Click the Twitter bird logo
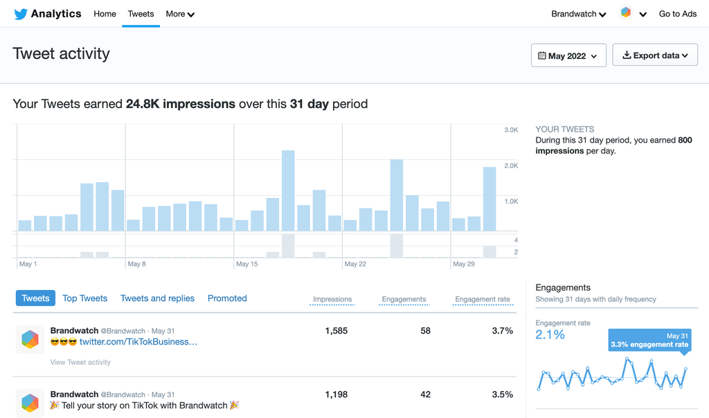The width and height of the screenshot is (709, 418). tap(20, 14)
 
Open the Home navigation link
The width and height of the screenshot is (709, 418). tap(105, 14)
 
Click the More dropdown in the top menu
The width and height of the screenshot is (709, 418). tap(180, 14)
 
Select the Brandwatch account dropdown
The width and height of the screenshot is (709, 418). tap(579, 14)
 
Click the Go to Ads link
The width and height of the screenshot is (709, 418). tap(677, 14)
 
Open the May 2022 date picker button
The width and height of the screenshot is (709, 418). tap(568, 55)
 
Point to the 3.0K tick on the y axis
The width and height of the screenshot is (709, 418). tap(511, 130)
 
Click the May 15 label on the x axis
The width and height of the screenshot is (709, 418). tap(246, 264)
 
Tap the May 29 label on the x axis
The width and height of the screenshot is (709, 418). tap(464, 264)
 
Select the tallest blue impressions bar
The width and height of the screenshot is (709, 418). tap(288, 190)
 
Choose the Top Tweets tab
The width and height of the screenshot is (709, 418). tap(84, 298)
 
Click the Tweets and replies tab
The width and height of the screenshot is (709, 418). tap(157, 298)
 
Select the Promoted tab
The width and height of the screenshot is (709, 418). tap(227, 298)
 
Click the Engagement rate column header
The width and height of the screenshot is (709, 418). tap(482, 300)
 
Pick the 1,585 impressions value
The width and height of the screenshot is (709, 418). tap(336, 331)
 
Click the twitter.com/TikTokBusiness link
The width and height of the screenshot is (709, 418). tap(138, 342)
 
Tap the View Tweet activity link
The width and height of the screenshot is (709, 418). tap(80, 362)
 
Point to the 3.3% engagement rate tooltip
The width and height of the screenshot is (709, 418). tap(649, 340)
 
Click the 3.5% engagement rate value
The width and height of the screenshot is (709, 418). tap(502, 394)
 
